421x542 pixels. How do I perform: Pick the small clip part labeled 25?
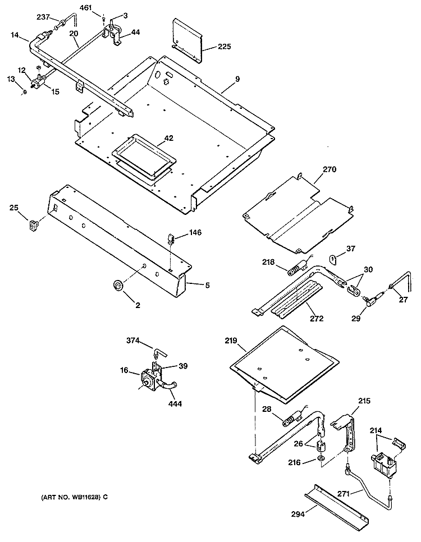pyautogui.click(x=35, y=226)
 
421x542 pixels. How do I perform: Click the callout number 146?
pyautogui.click(x=195, y=232)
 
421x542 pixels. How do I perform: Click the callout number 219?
pyautogui.click(x=231, y=341)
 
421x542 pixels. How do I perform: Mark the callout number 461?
pyautogui.click(x=86, y=8)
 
